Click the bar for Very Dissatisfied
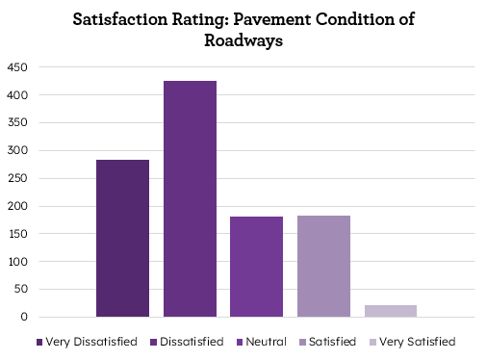point(122,238)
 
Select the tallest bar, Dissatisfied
point(190,198)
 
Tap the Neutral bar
point(256,267)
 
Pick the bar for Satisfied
point(323,266)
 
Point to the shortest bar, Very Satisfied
point(390,311)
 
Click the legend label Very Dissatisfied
point(91,342)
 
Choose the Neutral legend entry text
point(266,342)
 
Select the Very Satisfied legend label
point(417,342)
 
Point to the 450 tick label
point(17,67)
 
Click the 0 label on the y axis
point(24,317)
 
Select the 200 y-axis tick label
point(17,206)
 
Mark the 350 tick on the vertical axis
point(17,123)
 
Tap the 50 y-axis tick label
point(20,289)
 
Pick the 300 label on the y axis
point(17,150)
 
